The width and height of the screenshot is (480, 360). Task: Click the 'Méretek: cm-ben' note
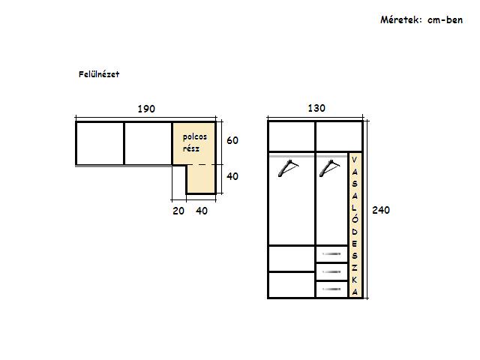point(421,20)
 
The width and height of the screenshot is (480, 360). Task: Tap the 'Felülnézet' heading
point(99,74)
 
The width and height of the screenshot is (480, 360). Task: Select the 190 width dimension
point(146,109)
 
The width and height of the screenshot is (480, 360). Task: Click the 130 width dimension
point(316,108)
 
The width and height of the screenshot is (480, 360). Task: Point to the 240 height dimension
point(381,210)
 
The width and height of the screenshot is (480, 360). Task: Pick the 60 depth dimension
point(232,140)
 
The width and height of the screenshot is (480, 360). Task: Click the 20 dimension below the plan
point(178,211)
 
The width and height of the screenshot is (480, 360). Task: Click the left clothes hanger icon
point(288,168)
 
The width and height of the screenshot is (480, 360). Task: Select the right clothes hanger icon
point(329,168)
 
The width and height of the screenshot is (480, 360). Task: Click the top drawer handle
point(331,253)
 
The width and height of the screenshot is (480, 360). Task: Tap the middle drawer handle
point(331,271)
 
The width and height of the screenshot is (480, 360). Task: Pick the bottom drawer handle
point(331,289)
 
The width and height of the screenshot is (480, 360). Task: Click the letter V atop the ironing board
point(355,160)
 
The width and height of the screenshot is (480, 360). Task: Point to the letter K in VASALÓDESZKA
point(355,280)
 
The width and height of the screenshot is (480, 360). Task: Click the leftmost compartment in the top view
point(100,143)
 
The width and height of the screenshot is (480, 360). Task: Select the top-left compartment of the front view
point(292,136)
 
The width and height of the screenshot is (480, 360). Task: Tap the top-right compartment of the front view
point(339,136)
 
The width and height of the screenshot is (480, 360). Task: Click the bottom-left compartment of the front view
point(292,285)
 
